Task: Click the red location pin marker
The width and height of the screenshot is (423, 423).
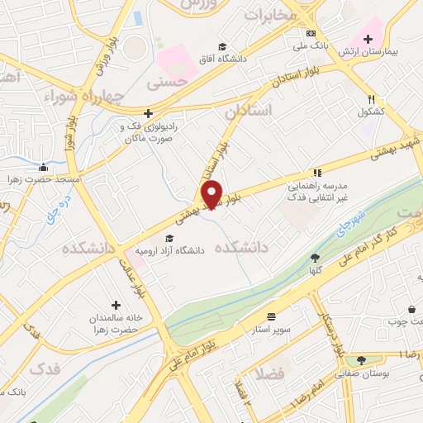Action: (212, 193)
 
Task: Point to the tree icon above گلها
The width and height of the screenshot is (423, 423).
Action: (315, 258)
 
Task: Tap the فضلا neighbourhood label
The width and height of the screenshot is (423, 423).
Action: (269, 373)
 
